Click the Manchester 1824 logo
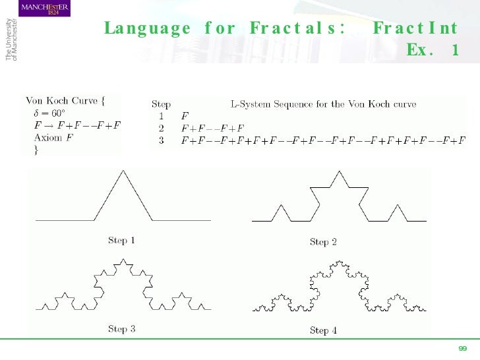(44, 9)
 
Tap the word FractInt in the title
(415, 29)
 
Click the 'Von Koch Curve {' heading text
(65, 101)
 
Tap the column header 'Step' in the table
(161, 104)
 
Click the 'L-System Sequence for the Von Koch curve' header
(323, 104)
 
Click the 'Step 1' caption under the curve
(121, 241)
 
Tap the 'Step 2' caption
(323, 242)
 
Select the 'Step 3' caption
(121, 329)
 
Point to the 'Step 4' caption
(323, 330)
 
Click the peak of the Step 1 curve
(123, 171)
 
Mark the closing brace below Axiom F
(36, 150)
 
